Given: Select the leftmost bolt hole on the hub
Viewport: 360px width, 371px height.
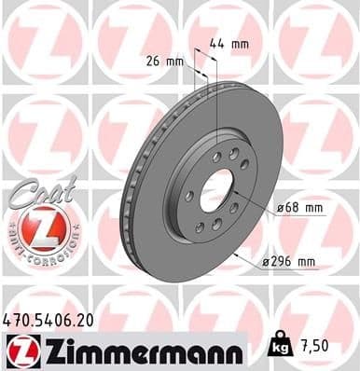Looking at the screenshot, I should click(189, 196).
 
